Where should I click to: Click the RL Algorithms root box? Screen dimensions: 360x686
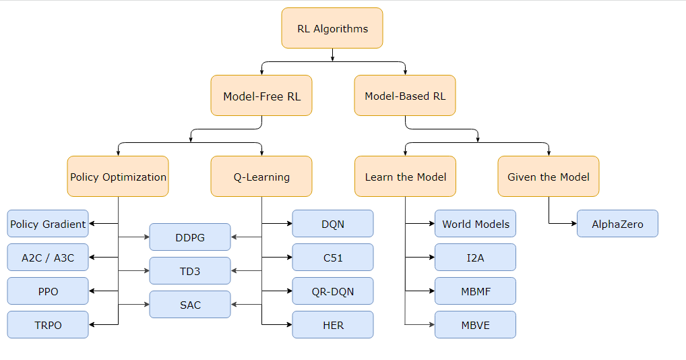tap(332, 28)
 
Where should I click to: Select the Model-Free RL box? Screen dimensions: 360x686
tap(261, 96)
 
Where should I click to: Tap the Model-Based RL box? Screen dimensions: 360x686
tap(405, 96)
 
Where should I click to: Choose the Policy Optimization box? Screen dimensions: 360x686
tap(118, 177)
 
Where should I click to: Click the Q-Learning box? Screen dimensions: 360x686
tap(261, 177)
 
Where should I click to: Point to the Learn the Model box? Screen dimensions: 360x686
tap(405, 177)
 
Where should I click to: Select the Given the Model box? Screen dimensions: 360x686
tap(549, 177)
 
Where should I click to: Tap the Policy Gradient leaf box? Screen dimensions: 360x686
tap(48, 224)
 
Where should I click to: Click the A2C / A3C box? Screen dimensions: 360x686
tap(48, 258)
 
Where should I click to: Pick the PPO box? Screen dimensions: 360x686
tap(48, 291)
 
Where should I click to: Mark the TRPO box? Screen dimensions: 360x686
tap(48, 325)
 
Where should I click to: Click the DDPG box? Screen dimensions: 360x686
tap(190, 237)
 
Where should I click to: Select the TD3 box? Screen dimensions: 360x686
tap(190, 271)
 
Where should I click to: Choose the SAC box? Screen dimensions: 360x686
tap(190, 305)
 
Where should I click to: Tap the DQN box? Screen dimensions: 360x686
tap(333, 224)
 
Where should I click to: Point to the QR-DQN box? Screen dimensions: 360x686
tap(333, 291)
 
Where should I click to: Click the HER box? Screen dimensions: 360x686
tap(333, 325)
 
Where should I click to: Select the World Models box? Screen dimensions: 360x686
tap(476, 224)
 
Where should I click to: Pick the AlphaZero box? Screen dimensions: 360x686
tap(617, 224)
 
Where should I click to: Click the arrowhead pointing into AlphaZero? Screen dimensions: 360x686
tap(573, 224)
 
